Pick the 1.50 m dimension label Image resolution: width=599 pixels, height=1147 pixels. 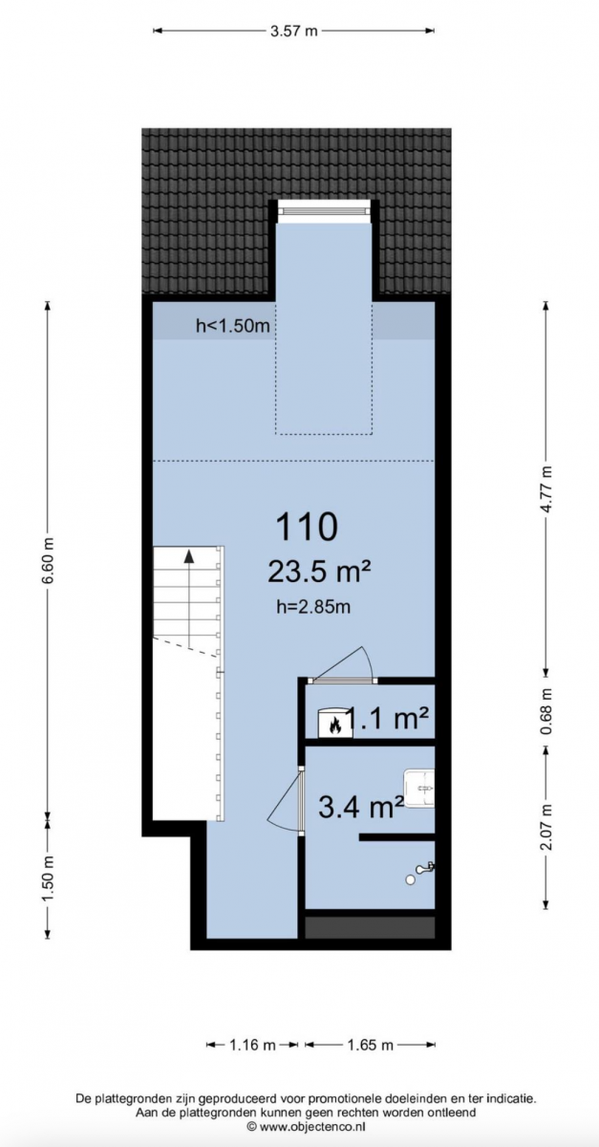coord(48,878)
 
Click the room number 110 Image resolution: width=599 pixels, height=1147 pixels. coord(308,527)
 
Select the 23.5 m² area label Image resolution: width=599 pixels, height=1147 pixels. coord(318,572)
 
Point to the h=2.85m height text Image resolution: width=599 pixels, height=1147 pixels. coord(313,607)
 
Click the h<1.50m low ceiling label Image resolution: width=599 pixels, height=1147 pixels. coord(233,325)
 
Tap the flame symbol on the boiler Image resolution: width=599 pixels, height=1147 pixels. coord(336,725)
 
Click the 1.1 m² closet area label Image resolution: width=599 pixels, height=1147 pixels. coord(388,719)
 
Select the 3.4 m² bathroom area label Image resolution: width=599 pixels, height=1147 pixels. coord(361,808)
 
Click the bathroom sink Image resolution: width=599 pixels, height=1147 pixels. coord(418,789)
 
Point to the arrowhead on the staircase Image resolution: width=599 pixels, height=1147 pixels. coord(189,556)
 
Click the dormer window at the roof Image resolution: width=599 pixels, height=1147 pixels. coord(323,210)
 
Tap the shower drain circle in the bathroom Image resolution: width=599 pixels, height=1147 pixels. coord(410,879)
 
